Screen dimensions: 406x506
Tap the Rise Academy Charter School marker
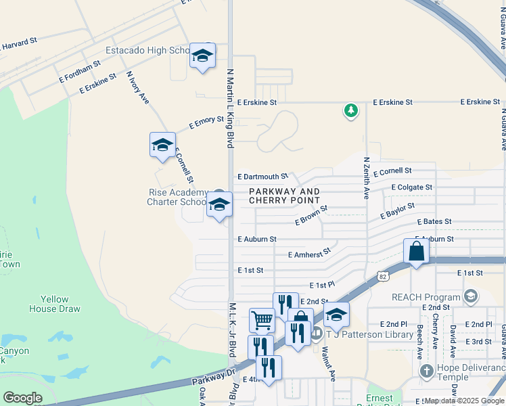point(219,204)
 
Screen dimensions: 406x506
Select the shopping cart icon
point(262,319)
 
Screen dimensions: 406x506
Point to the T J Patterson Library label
point(369,334)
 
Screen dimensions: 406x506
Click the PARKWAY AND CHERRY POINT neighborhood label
point(284,196)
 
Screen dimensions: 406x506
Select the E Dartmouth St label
point(262,177)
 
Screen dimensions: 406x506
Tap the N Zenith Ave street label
point(366,178)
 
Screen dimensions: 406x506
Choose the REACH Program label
point(425,296)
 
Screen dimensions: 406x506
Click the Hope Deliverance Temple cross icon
point(426,371)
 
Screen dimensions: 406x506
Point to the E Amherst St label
point(309,254)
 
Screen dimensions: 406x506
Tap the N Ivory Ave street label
point(137,89)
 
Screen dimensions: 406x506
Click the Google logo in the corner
point(22,398)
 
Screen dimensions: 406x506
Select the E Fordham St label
point(80,68)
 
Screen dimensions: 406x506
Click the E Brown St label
point(311,216)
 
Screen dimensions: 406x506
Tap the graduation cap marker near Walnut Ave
point(336,314)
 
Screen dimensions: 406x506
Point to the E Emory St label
point(206,122)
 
